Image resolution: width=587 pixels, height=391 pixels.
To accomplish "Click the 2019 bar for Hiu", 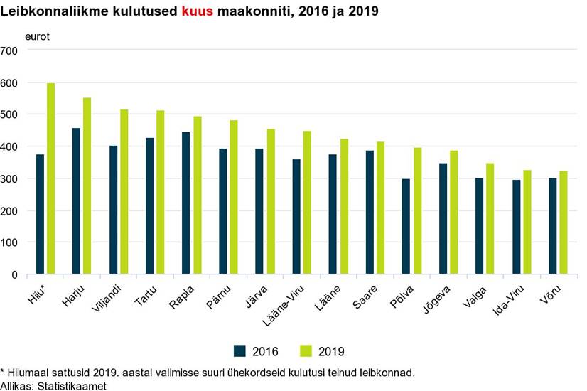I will click(x=51, y=178).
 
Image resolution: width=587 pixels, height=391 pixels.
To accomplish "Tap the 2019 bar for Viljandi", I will click(x=124, y=192).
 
